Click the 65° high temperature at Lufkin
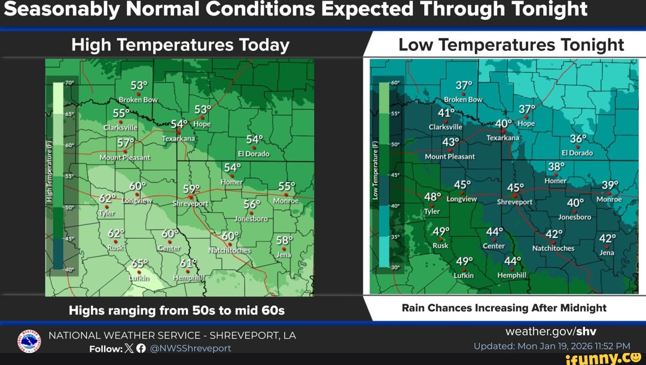point(139,264)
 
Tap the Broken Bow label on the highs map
point(138,100)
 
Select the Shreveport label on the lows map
point(514,202)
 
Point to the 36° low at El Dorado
point(578,139)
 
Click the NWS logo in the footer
point(29,342)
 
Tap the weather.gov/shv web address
point(551,331)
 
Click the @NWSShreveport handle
point(190,348)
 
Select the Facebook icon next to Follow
point(141,348)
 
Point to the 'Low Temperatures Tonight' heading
point(511,45)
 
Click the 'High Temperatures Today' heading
point(180,45)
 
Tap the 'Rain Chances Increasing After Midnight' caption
point(504,308)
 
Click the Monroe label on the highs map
point(286,201)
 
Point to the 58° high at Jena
point(285,241)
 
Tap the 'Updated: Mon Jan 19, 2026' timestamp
point(551,346)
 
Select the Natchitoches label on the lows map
point(553,248)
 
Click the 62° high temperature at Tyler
point(108,199)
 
